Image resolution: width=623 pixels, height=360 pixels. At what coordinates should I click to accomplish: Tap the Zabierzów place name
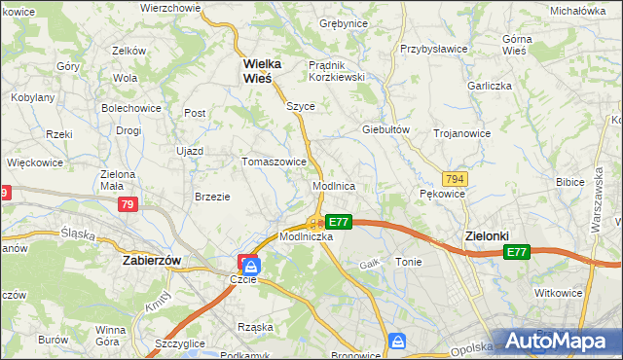click(x=153, y=261)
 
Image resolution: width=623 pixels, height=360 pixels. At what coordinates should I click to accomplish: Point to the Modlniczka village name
click(x=307, y=236)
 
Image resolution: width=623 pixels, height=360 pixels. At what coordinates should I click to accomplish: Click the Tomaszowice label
click(x=275, y=162)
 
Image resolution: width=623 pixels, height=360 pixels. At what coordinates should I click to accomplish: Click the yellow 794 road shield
click(x=453, y=179)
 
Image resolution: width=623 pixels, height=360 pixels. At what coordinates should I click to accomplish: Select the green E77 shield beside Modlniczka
click(x=338, y=222)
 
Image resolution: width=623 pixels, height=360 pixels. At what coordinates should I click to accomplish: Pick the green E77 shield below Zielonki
click(x=516, y=252)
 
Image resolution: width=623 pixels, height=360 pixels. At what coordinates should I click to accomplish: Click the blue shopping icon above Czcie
click(x=251, y=264)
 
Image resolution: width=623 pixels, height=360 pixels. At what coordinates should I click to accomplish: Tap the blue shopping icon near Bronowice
click(x=397, y=342)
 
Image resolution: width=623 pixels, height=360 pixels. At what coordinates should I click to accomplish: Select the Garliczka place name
click(x=489, y=85)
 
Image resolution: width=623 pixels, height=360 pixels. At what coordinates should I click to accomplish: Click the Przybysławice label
click(x=434, y=48)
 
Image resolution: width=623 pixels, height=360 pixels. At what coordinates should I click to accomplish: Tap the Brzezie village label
click(x=212, y=196)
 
